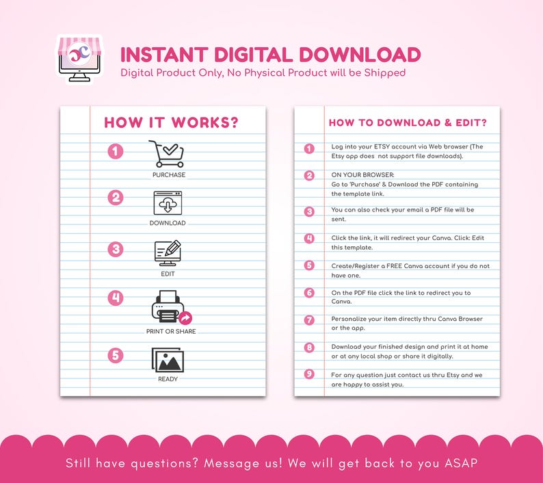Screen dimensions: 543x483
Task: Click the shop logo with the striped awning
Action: (x=79, y=60)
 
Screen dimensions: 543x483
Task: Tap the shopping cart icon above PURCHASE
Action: (x=166, y=154)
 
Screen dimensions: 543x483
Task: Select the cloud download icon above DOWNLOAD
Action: (x=168, y=203)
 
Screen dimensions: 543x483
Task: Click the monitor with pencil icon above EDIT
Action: (x=168, y=253)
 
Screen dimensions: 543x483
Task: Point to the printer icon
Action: (x=169, y=306)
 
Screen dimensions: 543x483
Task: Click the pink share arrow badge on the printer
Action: (x=185, y=317)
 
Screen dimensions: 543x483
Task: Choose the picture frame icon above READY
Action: (x=168, y=360)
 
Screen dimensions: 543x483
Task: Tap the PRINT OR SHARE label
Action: (x=171, y=332)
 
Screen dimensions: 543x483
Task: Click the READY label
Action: (x=168, y=379)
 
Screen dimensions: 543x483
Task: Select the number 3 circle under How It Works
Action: (x=116, y=249)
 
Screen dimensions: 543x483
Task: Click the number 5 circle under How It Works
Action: (x=116, y=356)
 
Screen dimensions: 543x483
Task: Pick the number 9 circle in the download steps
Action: (x=309, y=374)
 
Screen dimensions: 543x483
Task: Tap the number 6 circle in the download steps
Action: (x=309, y=293)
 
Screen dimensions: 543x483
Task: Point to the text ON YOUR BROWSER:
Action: (x=362, y=175)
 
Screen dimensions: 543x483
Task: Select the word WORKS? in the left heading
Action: (x=205, y=122)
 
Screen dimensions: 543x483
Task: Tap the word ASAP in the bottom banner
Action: (x=461, y=463)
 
